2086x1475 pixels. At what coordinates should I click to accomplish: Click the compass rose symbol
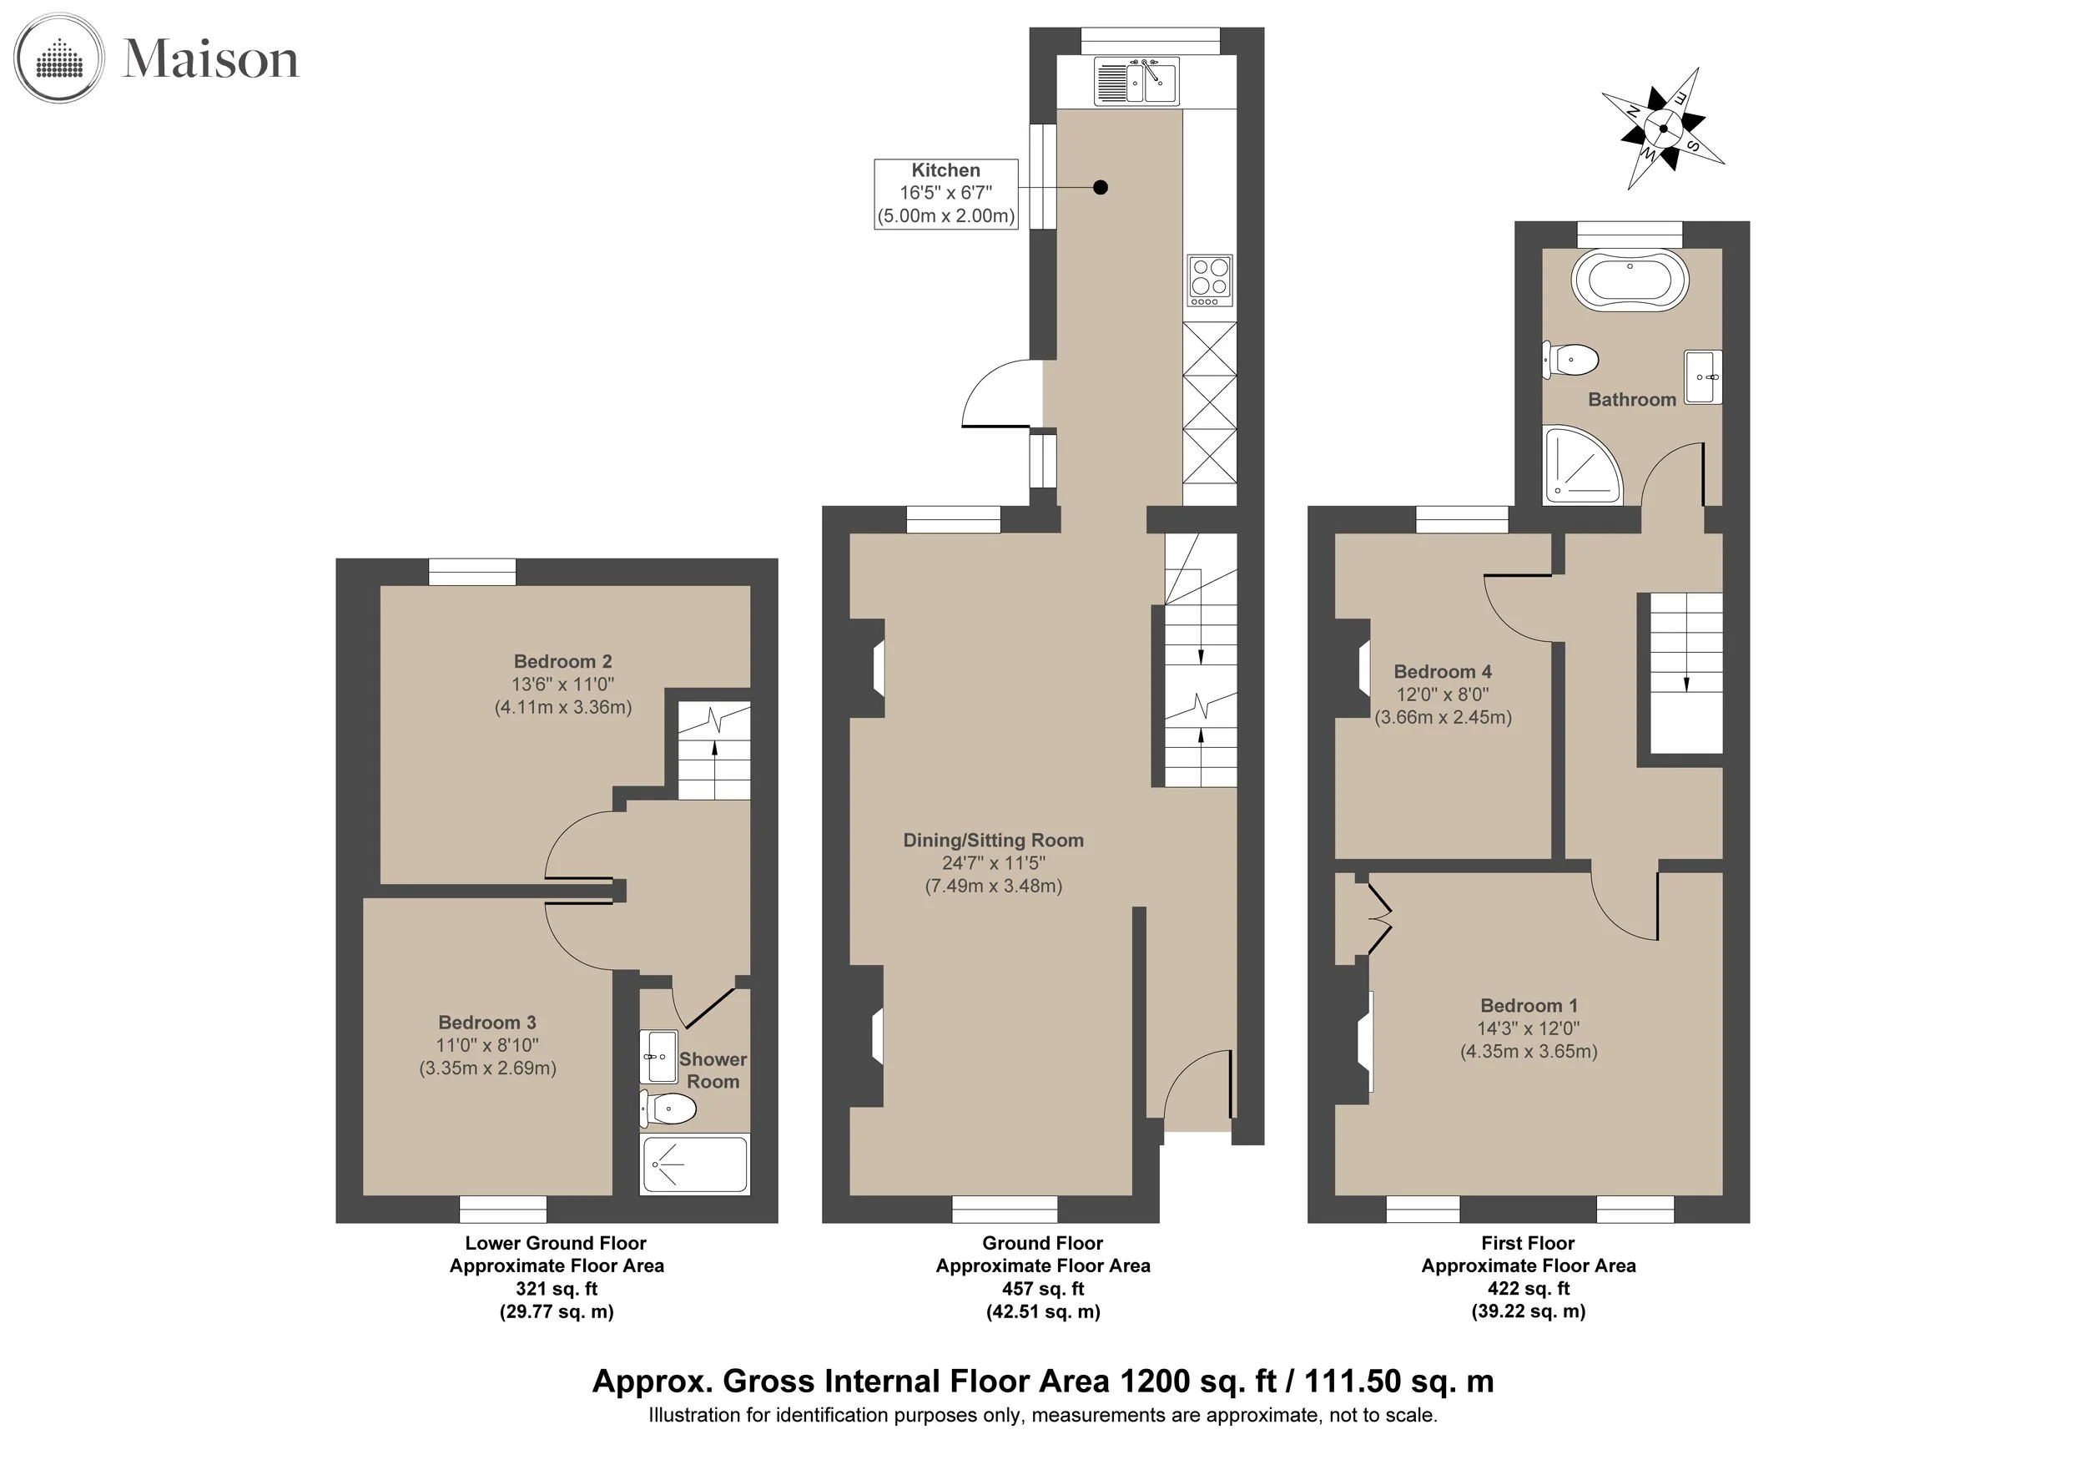click(1663, 129)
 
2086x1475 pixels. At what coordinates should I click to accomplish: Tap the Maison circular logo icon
click(59, 59)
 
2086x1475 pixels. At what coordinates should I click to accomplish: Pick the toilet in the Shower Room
click(668, 1108)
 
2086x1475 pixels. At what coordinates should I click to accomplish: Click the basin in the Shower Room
click(658, 1056)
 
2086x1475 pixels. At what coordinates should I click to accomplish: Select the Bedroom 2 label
click(562, 661)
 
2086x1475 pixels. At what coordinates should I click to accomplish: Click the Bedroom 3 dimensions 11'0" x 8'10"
click(487, 1046)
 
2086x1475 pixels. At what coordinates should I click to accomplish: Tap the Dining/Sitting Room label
click(993, 841)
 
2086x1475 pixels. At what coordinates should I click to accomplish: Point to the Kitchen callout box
click(945, 194)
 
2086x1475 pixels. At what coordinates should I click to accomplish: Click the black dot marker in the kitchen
click(1101, 188)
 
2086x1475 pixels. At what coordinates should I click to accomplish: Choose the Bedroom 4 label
click(1443, 672)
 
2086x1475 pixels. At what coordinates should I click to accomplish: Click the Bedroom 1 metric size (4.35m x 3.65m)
click(1529, 1052)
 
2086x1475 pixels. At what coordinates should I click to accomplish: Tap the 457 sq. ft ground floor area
click(1043, 1289)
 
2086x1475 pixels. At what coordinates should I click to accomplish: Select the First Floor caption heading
click(1528, 1242)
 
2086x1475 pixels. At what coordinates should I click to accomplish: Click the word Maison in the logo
click(211, 60)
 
